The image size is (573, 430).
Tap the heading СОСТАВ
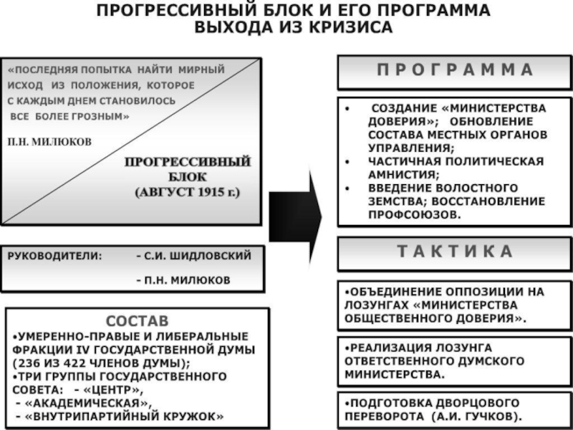click(138, 320)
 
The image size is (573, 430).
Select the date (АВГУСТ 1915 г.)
click(188, 193)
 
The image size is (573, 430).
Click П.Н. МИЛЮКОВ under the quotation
click(49, 142)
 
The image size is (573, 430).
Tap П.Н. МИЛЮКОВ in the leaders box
click(183, 280)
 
